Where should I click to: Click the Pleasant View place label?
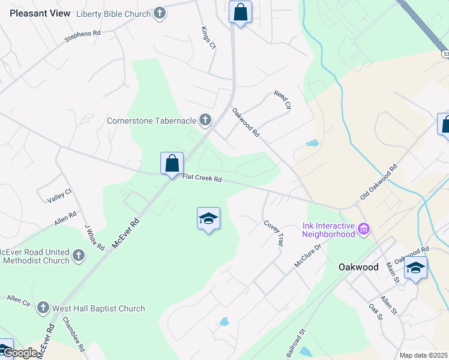39,13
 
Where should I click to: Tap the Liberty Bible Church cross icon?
159,13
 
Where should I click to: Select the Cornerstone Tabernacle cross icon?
205,121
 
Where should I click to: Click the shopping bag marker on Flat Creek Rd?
172,163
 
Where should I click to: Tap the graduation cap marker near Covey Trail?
208,219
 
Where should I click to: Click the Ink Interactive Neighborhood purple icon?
363,229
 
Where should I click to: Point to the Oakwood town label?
358,267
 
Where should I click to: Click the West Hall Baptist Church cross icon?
43,308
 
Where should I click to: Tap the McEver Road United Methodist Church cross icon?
79,256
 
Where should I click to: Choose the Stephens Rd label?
82,37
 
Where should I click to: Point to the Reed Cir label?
282,100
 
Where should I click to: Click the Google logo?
20,353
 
